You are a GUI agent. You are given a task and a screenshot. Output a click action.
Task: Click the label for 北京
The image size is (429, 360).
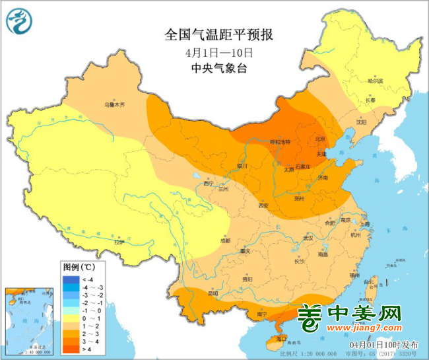[320, 139]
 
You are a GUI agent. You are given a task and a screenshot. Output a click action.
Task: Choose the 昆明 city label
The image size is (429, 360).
[213, 293]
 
